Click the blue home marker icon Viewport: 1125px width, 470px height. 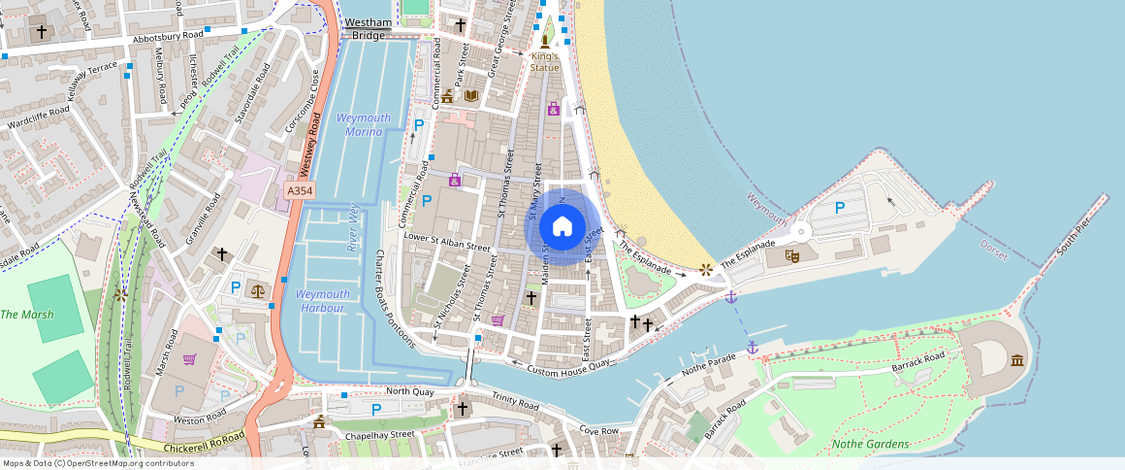[562, 226]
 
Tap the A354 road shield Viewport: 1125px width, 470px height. [299, 192]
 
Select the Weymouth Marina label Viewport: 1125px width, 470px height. [363, 124]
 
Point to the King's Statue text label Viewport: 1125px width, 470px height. [545, 62]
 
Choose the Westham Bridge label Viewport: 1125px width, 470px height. [369, 28]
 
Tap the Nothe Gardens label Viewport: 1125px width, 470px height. [871, 444]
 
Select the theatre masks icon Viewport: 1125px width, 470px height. [792, 257]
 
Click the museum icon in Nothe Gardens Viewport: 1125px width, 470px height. [1016, 361]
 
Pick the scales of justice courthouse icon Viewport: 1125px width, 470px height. [257, 290]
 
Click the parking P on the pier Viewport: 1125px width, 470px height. [840, 207]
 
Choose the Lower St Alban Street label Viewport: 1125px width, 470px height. [447, 241]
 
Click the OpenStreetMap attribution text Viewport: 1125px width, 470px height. [97, 463]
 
